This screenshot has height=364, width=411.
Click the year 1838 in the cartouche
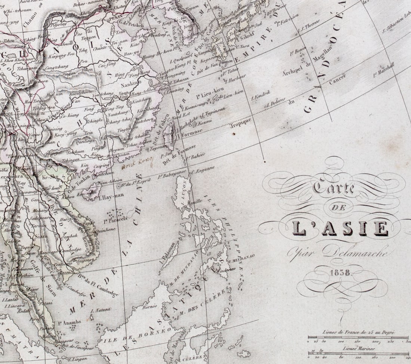click(340, 272)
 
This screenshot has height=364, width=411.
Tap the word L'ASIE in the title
click(340, 228)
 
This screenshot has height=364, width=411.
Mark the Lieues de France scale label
click(359, 332)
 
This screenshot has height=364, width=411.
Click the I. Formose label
click(192, 133)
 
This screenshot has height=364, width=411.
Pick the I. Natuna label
click(101, 310)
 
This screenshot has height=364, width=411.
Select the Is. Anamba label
click(69, 322)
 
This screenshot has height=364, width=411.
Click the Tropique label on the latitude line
click(240, 124)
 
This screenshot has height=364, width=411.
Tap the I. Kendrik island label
click(262, 95)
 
